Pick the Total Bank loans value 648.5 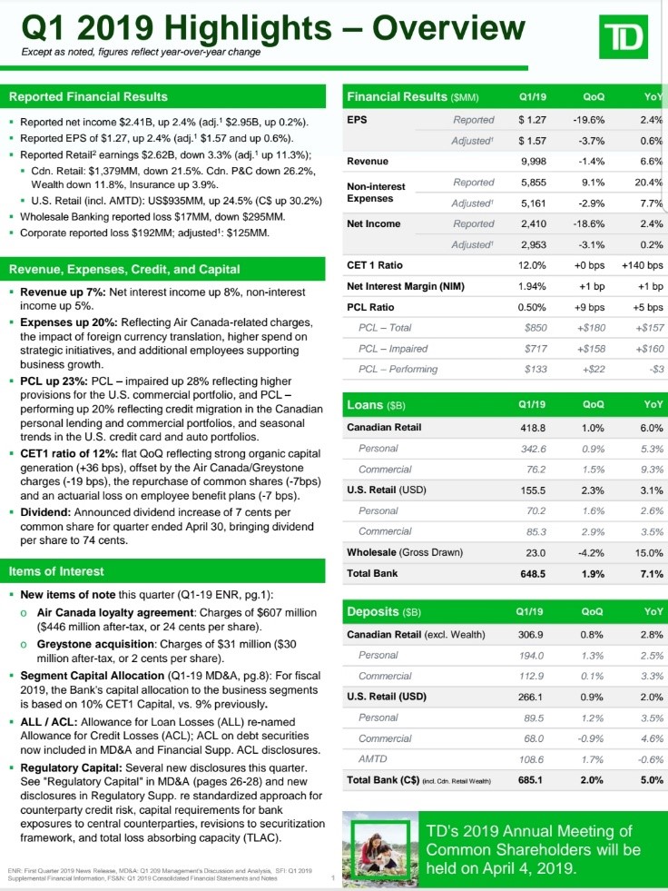click(531, 574)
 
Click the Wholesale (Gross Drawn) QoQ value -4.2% click(592, 552)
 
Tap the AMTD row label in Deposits click(374, 757)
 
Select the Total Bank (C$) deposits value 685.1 click(531, 779)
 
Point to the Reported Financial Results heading click(88, 96)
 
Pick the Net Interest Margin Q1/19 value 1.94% click(531, 286)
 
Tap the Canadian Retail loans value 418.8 click(531, 427)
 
